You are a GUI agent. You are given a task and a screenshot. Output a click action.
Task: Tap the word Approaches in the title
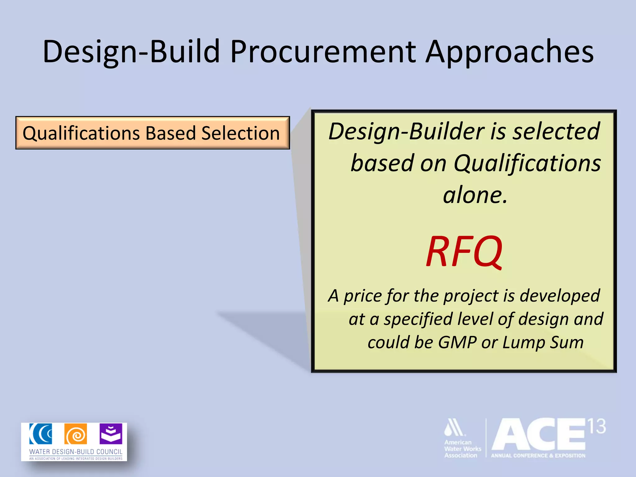(509, 52)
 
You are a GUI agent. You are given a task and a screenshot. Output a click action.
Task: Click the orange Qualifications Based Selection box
(152, 133)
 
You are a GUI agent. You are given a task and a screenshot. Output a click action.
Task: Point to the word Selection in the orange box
(240, 133)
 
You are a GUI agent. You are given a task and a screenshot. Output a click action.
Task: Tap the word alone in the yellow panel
(475, 195)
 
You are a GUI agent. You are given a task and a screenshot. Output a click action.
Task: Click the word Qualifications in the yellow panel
(527, 163)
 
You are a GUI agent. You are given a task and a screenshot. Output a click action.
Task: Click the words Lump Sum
(543, 343)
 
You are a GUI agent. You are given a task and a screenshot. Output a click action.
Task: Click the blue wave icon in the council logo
(41, 434)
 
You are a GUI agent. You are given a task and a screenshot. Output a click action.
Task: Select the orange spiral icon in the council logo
(75, 434)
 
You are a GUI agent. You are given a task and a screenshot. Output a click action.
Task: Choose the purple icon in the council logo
(111, 434)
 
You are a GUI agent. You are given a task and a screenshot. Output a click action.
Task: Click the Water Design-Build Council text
(76, 452)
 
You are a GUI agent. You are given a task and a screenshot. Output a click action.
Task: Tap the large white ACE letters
(539, 435)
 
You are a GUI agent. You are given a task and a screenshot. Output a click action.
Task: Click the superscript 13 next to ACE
(597, 426)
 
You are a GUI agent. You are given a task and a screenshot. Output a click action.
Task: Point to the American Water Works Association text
(462, 449)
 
